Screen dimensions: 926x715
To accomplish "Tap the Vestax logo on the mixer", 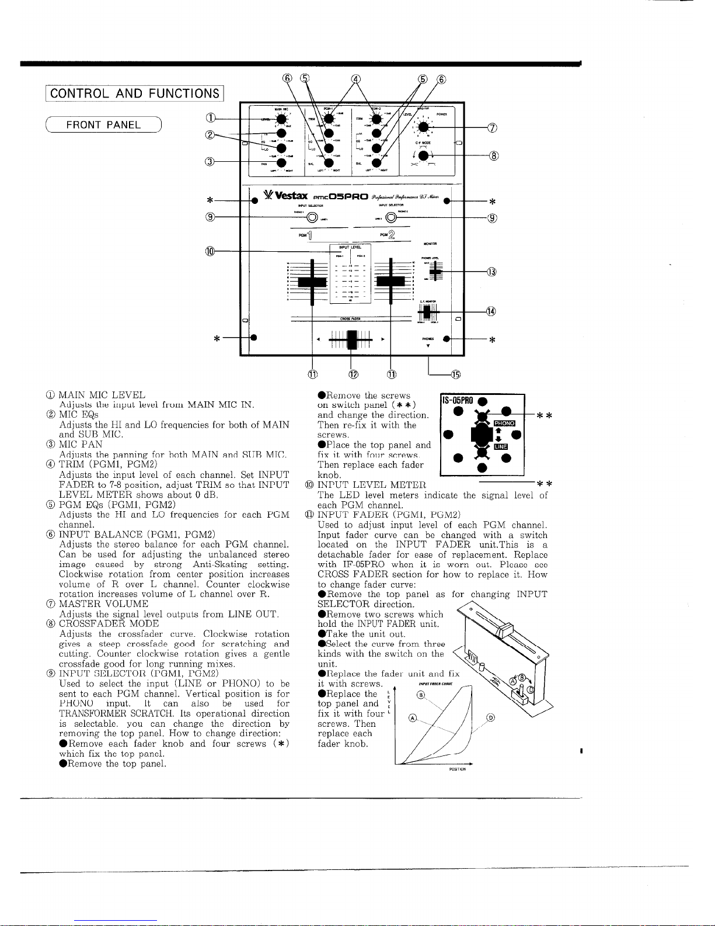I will point(285,195).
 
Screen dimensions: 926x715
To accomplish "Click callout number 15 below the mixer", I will point(455,374).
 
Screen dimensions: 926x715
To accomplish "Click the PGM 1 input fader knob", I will point(313,283).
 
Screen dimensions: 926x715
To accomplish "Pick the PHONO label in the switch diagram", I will point(504,422).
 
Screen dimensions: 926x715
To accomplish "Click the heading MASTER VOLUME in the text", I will point(103,604).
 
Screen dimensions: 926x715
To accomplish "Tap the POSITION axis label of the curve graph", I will point(457,769).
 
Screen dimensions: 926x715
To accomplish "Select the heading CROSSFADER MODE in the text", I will point(109,624).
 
